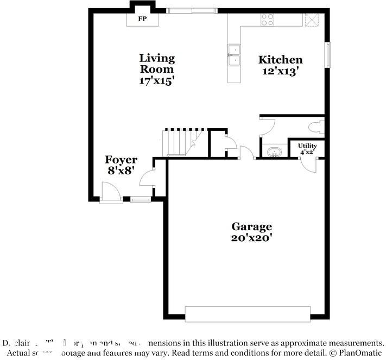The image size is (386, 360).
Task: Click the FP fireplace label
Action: point(143,19)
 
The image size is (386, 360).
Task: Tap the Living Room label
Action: point(157,63)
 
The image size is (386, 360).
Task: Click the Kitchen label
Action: point(280,60)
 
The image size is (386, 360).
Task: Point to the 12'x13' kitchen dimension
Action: point(280,71)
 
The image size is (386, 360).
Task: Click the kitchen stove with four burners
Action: point(268,20)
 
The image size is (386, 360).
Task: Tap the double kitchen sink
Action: point(235,55)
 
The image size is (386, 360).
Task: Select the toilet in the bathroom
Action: point(315,128)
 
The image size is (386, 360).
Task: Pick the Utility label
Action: point(307,146)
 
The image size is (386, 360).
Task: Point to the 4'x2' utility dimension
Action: point(307,153)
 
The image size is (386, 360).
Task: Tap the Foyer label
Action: point(121,160)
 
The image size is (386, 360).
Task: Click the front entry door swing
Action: point(110,191)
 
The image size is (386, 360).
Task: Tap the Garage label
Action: point(251,226)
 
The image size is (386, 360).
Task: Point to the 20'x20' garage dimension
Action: point(251,237)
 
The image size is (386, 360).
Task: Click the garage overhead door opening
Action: point(248,314)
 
